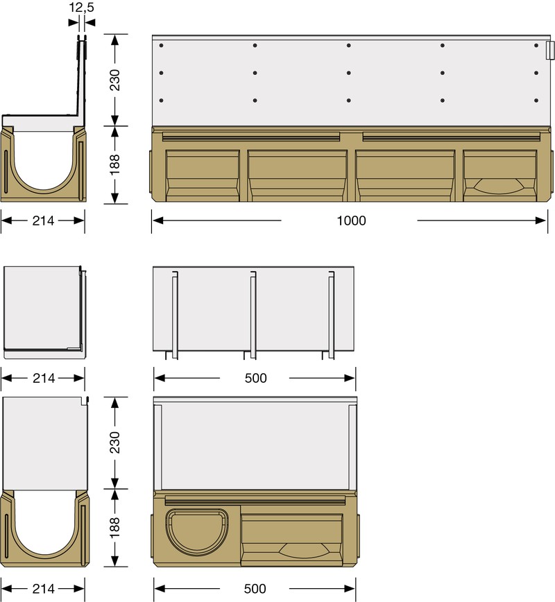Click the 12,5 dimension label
click(x=82, y=9)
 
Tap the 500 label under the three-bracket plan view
click(x=255, y=378)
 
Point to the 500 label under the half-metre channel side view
click(x=255, y=589)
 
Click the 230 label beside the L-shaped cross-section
click(x=116, y=80)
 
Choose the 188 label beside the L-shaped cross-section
click(x=116, y=165)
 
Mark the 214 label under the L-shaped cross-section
click(x=43, y=221)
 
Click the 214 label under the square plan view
click(x=43, y=378)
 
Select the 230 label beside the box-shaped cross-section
click(x=116, y=442)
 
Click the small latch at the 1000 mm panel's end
click(x=549, y=51)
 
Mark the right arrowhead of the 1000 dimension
click(x=542, y=221)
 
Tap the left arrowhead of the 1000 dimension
click(x=158, y=221)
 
